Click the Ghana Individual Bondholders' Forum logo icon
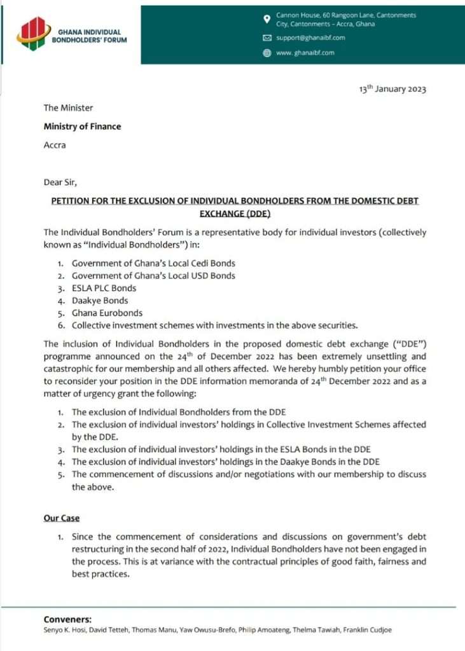[33, 32]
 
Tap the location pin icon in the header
[267, 18]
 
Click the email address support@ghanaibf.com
[310, 38]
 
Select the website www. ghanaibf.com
[305, 53]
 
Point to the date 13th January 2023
[392, 88]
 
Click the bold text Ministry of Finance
[82, 127]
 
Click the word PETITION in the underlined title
[73, 201]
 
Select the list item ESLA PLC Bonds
[104, 288]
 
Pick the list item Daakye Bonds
[100, 300]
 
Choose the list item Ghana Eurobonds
[107, 313]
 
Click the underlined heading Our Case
[62, 518]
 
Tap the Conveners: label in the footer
[67, 619]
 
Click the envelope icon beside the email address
[267, 38]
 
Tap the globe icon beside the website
[267, 53]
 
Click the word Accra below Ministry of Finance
[55, 145]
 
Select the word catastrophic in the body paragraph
[69, 369]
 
